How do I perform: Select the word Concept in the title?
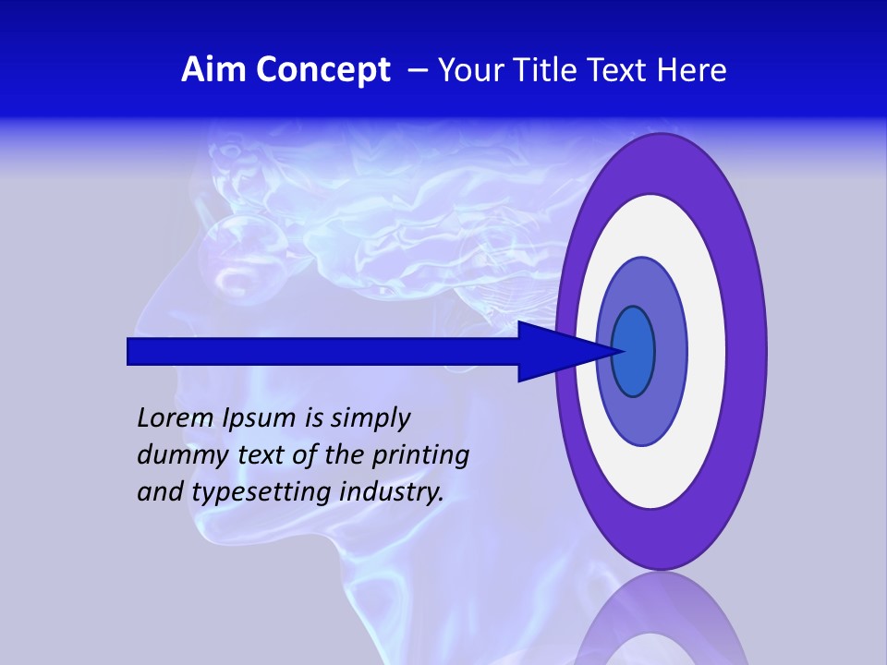coord(322,70)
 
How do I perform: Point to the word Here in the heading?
coord(693,70)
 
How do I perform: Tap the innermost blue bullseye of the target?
coord(634,351)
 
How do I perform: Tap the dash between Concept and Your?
coord(417,71)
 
